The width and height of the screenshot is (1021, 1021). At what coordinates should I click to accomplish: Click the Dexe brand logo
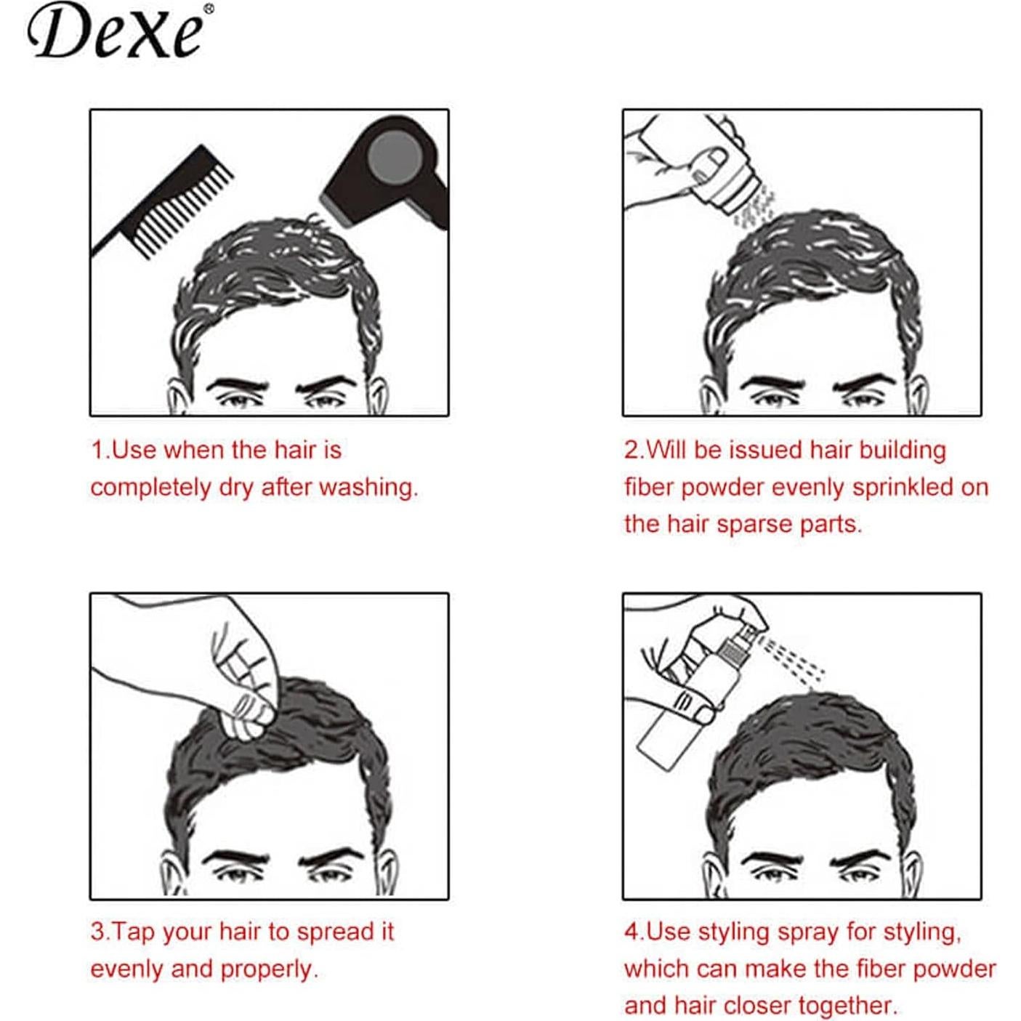click(116, 32)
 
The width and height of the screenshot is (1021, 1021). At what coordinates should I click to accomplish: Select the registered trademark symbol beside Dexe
click(209, 9)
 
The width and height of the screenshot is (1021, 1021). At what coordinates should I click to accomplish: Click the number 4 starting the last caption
click(630, 932)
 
